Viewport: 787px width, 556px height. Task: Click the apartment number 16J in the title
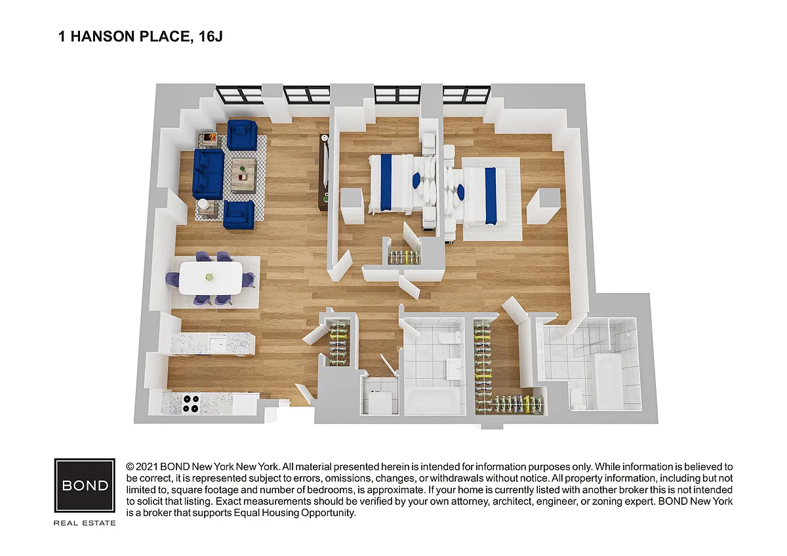coord(211,37)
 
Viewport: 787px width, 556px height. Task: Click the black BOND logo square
coord(85,485)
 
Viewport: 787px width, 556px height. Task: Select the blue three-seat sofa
coord(208,174)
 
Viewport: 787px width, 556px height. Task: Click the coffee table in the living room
coord(244,176)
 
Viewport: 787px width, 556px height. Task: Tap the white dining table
coord(211,278)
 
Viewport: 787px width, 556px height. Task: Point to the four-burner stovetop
coord(191,404)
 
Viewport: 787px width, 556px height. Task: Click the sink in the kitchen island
coord(218,344)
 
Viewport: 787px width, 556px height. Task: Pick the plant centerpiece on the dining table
coord(209,277)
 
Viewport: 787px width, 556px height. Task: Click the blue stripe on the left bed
coord(386,183)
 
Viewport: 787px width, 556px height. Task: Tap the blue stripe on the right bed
coord(491,196)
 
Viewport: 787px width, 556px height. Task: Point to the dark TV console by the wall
coord(323,172)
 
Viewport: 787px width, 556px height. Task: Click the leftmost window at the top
coord(239,95)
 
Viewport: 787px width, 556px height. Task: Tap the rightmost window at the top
coord(466,95)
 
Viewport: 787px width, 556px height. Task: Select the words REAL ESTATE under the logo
coord(85,523)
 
